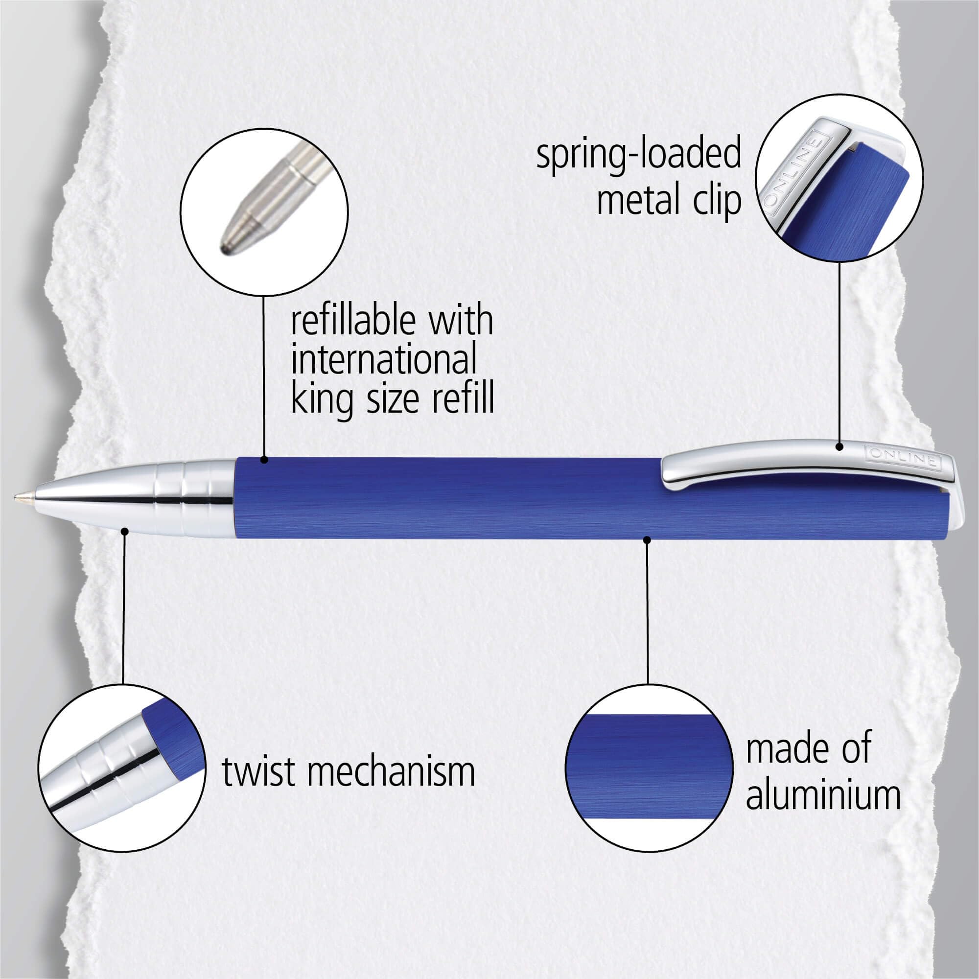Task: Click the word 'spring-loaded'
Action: point(638,155)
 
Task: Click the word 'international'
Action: point(384,360)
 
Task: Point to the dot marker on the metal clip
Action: point(839,447)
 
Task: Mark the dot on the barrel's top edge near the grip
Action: point(263,460)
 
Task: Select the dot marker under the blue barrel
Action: point(647,540)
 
